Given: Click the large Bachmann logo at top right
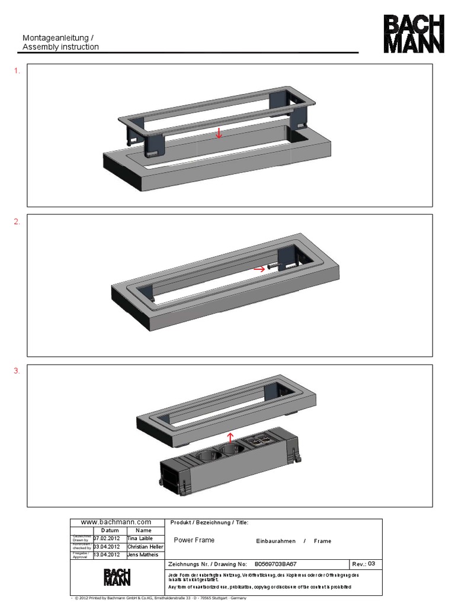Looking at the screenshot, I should [x=414, y=34].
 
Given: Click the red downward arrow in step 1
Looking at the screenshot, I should [x=219, y=133].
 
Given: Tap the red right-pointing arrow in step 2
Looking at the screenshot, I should [x=258, y=268].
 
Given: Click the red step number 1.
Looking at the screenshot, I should [x=17, y=71].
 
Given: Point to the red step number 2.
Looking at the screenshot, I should [x=17, y=221].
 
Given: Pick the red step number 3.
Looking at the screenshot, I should [x=17, y=371].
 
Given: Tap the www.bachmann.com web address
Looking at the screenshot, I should [x=116, y=522].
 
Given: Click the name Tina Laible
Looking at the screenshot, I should [x=140, y=539].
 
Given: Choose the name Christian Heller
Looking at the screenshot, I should [x=145, y=547].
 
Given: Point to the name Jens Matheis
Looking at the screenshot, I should [x=143, y=556].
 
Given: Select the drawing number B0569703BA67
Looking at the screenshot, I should [x=275, y=565].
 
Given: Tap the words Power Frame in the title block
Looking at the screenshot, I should [x=194, y=540].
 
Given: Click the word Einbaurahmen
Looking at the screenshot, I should [x=275, y=541].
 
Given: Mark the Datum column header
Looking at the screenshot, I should [x=110, y=530].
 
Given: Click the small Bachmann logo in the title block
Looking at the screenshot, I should [x=117, y=577].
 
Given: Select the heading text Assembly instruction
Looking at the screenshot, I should [x=60, y=47].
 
